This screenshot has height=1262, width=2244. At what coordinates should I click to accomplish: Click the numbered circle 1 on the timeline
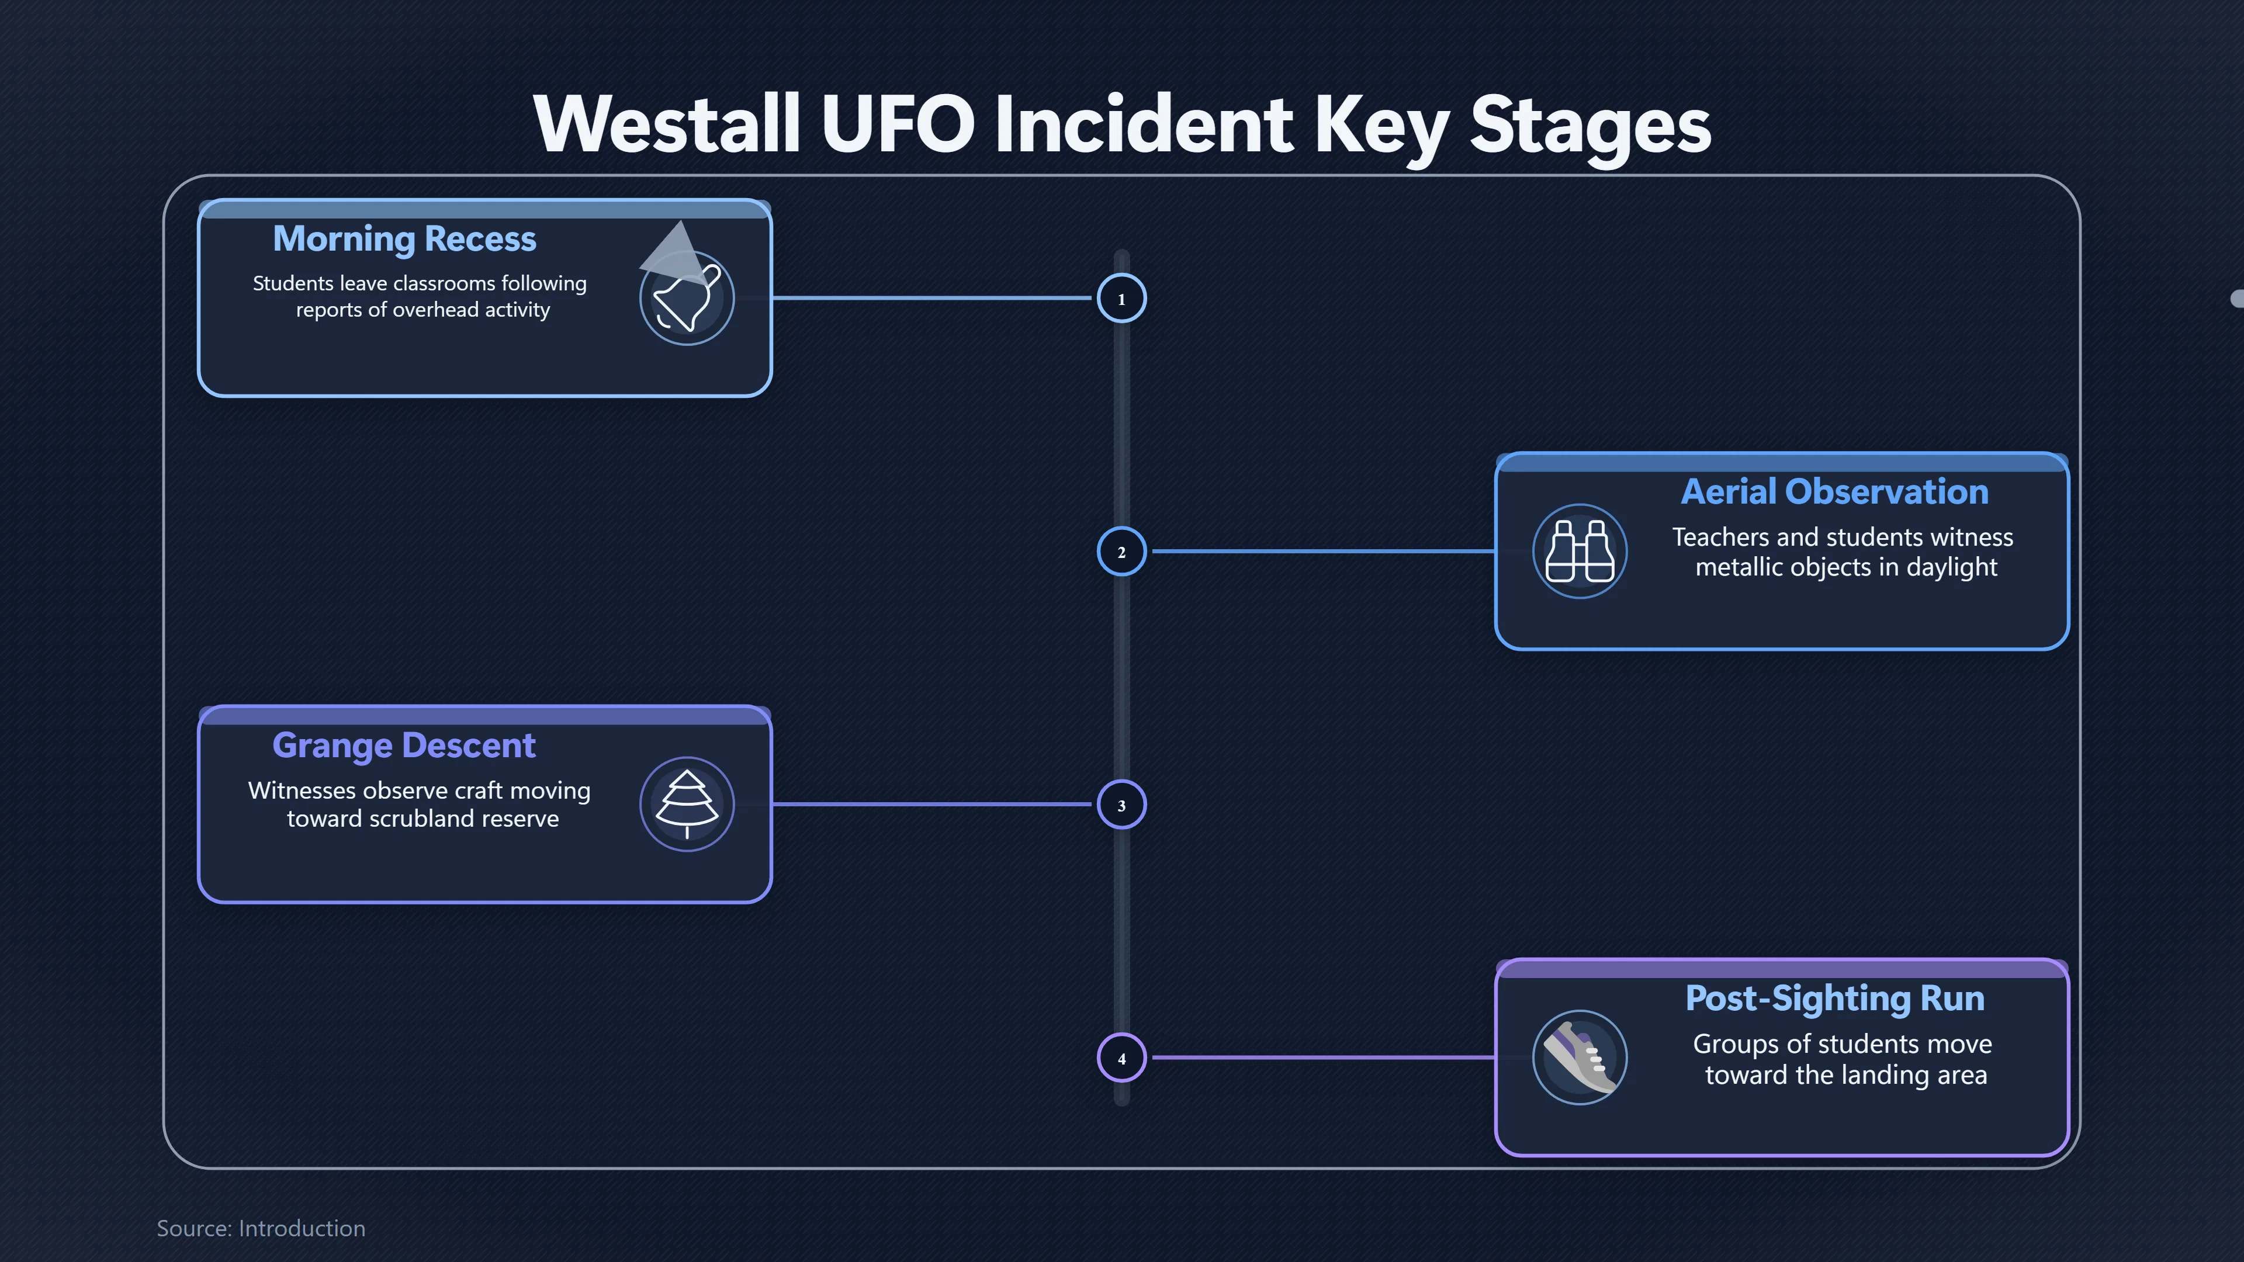point(1121,299)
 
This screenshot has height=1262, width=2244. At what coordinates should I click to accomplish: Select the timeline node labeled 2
point(1121,552)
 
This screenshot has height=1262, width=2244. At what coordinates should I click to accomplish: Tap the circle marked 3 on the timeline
point(1121,805)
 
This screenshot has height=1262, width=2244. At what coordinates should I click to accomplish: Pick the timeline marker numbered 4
point(1121,1058)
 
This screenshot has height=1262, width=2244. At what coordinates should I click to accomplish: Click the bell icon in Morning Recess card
point(687,299)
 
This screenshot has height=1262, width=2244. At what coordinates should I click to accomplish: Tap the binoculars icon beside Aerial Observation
point(1580,552)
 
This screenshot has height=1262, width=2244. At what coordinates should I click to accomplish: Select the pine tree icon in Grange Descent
point(687,805)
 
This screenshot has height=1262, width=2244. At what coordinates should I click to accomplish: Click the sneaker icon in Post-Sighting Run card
point(1580,1058)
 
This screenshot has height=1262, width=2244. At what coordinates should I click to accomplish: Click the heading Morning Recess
point(404,238)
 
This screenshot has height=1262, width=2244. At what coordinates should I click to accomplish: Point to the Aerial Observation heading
point(1834,491)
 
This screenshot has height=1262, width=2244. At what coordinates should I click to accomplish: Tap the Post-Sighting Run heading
point(1834,998)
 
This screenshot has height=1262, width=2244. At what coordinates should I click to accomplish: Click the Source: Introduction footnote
point(261,1228)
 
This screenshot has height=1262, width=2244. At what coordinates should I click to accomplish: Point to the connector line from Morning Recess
point(932,298)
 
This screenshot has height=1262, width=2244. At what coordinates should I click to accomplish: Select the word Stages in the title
point(1589,126)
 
